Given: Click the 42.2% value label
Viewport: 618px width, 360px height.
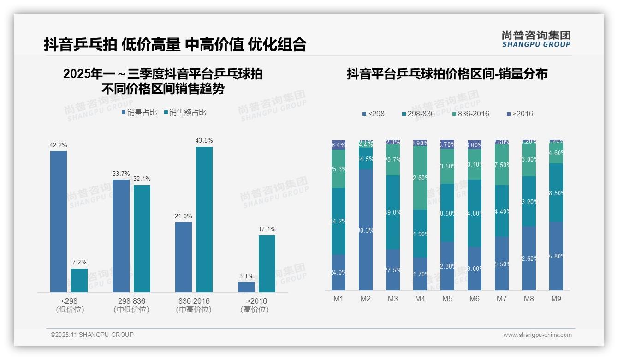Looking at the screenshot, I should coord(58,145).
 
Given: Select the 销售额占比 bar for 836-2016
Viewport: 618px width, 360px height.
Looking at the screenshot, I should coord(204,219).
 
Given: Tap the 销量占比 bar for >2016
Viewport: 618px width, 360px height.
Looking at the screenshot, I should coord(246,287).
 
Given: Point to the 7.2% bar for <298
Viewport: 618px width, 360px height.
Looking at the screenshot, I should coord(79,280).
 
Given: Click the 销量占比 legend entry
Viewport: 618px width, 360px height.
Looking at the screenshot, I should coord(139,113).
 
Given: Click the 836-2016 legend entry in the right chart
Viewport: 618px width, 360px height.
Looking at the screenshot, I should coord(470,114).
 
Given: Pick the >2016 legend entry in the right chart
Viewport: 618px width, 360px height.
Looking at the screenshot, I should coord(519,114).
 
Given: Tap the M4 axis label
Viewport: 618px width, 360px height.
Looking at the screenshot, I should coord(420,299).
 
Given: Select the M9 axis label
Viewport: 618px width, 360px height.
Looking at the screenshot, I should coord(556,299).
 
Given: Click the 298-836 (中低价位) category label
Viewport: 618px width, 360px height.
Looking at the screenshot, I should coord(131,305).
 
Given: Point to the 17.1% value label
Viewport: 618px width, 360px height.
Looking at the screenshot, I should coord(267,229).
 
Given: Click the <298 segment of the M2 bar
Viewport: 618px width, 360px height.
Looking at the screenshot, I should coord(366,229).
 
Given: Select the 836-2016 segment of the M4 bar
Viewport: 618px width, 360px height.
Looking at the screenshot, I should coord(420,178).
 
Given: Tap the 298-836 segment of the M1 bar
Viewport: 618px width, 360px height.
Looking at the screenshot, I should coord(339,221).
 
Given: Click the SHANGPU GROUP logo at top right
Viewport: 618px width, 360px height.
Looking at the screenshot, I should coord(536,39).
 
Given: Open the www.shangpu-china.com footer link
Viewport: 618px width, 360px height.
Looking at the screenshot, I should coord(537,335).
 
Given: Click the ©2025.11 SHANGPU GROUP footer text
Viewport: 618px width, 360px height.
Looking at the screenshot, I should coord(92,335).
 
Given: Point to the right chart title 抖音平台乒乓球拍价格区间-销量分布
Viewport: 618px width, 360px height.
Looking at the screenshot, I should coord(447,74).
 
